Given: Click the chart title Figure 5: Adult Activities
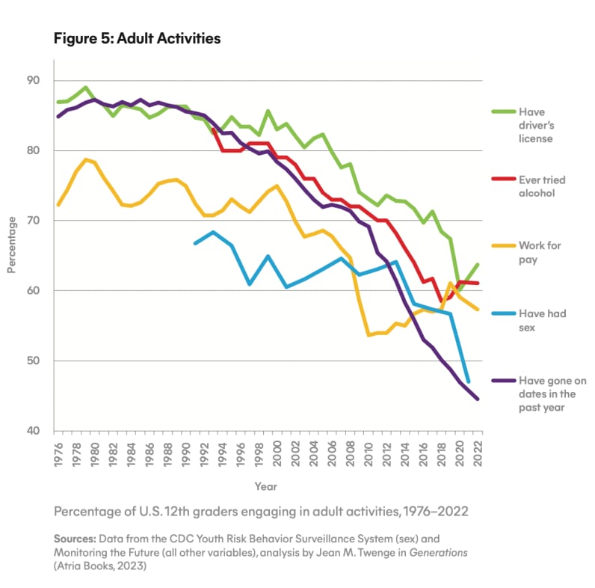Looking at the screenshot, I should pyautogui.click(x=137, y=38).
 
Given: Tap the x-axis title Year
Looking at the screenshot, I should pyautogui.click(x=265, y=486).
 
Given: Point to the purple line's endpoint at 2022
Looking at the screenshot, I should pyautogui.click(x=478, y=399).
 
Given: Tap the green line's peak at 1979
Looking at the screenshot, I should pyautogui.click(x=86, y=88).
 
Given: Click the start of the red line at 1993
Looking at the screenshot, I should pyautogui.click(x=214, y=129).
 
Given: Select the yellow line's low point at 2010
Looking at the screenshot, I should pyautogui.click(x=369, y=335).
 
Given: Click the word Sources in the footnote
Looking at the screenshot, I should pyautogui.click(x=75, y=538).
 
